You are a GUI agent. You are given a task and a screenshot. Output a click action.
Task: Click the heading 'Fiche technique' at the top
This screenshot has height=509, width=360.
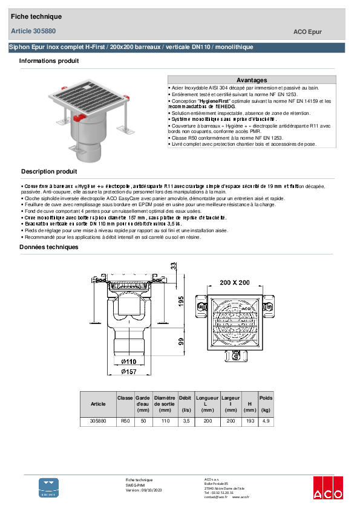click(36, 16)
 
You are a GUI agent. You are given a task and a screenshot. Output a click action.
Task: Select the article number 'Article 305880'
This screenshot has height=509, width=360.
click(34, 31)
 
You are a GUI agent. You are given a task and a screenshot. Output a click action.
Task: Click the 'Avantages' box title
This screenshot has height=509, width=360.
click(251, 80)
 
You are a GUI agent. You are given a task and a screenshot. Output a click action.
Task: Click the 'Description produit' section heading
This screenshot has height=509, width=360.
click(49, 171)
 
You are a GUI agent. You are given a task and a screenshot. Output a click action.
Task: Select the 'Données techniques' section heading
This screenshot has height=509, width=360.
click(49, 247)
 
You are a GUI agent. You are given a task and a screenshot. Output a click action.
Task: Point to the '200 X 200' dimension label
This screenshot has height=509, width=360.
click(234, 283)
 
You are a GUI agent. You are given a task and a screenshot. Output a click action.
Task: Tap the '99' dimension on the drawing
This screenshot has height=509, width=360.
click(180, 342)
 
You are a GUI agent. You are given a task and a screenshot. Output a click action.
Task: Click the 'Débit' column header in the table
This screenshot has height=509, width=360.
click(185, 398)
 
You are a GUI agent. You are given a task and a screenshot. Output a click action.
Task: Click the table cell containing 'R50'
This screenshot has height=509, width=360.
click(125, 421)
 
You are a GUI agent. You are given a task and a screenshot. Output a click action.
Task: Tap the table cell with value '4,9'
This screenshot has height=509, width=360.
click(266, 421)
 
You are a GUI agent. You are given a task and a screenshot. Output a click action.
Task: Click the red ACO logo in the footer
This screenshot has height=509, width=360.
click(327, 488)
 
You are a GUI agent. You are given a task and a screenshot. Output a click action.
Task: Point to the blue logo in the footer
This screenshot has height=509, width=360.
click(49, 487)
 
